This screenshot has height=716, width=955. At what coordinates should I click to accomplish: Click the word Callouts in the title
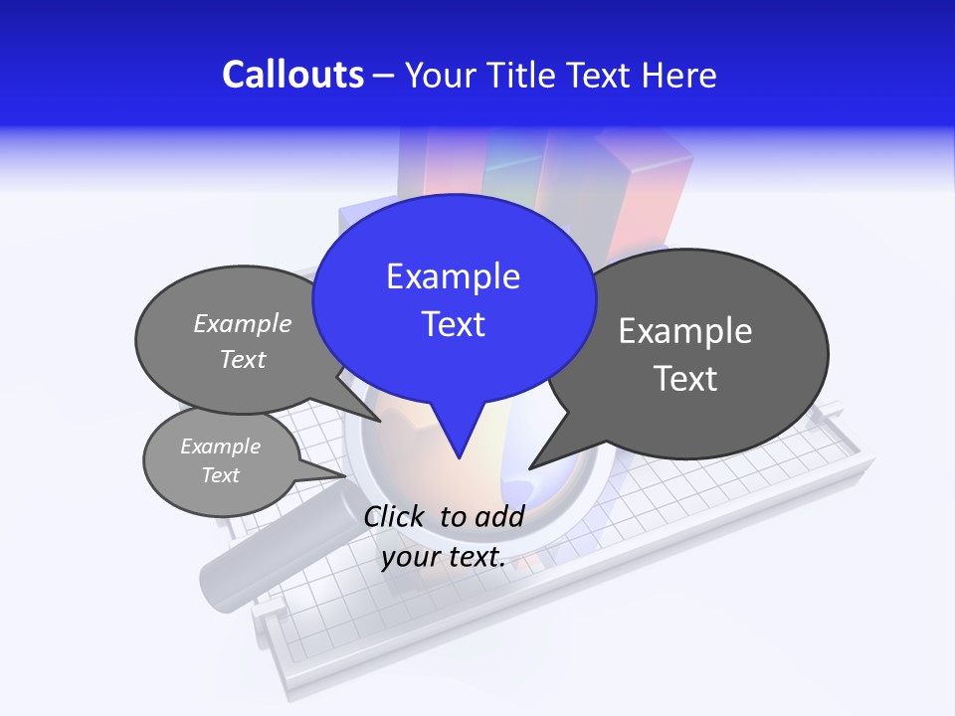(x=292, y=75)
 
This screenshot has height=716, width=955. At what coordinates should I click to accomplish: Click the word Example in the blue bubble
(x=454, y=276)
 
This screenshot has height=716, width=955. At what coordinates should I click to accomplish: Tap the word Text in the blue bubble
(x=454, y=324)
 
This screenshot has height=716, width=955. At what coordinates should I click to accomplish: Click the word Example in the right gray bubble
(x=685, y=331)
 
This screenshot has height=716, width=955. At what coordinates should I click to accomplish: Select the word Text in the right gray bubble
(x=685, y=379)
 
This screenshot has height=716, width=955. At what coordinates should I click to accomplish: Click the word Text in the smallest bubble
(x=221, y=475)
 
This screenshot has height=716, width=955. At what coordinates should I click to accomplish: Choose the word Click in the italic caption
(x=396, y=516)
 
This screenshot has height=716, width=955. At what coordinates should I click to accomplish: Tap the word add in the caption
(x=499, y=516)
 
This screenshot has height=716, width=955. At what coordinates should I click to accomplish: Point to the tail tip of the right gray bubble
(x=531, y=466)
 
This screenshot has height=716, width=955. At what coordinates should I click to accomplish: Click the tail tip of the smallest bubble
(x=345, y=477)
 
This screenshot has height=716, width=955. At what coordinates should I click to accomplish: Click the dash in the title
(x=384, y=75)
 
